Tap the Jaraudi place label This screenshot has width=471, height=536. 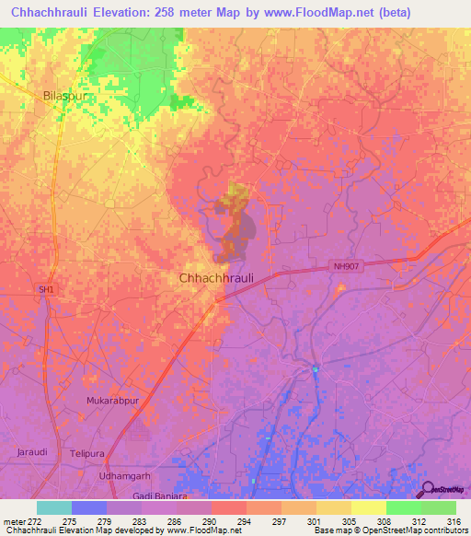click(31, 451)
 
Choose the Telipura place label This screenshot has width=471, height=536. click(88, 454)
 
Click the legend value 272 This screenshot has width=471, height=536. click(38, 521)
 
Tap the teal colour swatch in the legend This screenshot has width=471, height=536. click(54, 507)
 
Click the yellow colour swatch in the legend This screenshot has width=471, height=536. click(368, 507)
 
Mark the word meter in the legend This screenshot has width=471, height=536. click(14, 521)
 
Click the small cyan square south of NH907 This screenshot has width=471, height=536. click(315, 370)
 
